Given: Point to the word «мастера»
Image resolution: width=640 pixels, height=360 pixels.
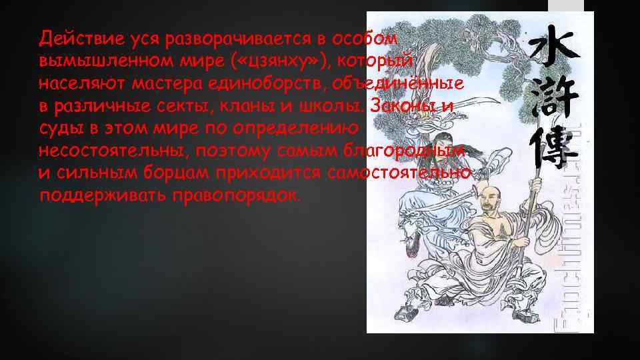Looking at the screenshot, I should coord(163,84).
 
